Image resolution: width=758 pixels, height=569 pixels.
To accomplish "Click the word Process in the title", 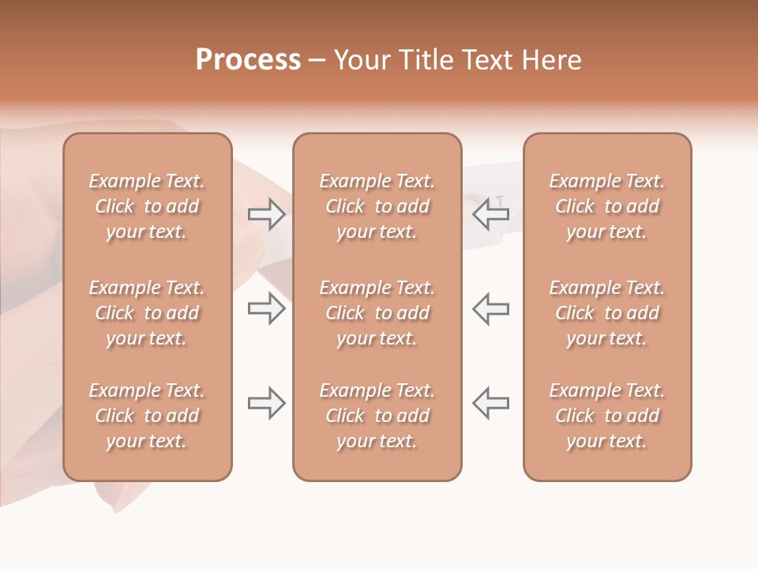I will coord(248,60).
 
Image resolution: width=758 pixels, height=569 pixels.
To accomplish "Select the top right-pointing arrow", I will coord(266,213).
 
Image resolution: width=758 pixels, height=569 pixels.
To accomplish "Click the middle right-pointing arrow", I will coord(266,308).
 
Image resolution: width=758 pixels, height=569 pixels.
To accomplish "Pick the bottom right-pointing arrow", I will coord(266,403).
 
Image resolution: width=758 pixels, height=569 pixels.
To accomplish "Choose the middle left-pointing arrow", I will coord(491,308).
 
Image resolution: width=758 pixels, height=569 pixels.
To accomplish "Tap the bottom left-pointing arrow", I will coord(491,403).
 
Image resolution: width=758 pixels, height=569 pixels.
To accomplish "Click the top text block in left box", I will coord(147,206).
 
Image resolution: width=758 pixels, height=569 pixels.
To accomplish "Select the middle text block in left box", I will coord(147,313).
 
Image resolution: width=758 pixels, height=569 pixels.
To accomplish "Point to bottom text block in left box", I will coord(147,416).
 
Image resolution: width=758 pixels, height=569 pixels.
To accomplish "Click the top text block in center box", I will coord(377,206).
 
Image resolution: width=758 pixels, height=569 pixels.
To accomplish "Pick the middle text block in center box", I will coord(377,313).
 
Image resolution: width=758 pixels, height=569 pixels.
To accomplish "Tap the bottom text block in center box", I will coord(377,416).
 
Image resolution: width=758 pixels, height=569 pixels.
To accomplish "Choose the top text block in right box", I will coord(607,206).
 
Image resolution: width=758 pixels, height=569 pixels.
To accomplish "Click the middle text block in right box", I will coord(607,313).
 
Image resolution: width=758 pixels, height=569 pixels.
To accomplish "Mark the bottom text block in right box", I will coord(607,416).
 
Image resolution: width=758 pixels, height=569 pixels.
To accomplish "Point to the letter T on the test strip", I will coord(499,201).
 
